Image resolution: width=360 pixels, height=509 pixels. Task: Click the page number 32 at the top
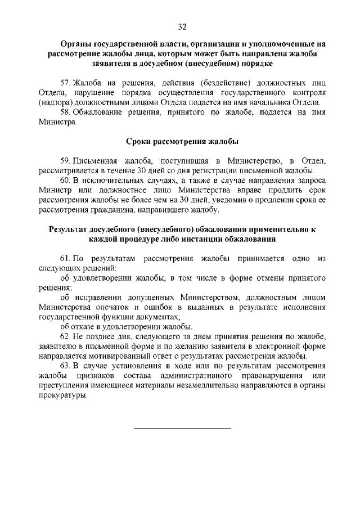[182, 26]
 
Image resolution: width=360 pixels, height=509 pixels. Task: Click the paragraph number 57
[65, 83]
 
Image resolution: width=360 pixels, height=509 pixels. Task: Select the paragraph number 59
[65, 161]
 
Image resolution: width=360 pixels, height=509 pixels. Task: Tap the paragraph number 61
[65, 258]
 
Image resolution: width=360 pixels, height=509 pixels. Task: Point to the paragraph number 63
[65, 365]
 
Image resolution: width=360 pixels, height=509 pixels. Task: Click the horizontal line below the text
[182, 429]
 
